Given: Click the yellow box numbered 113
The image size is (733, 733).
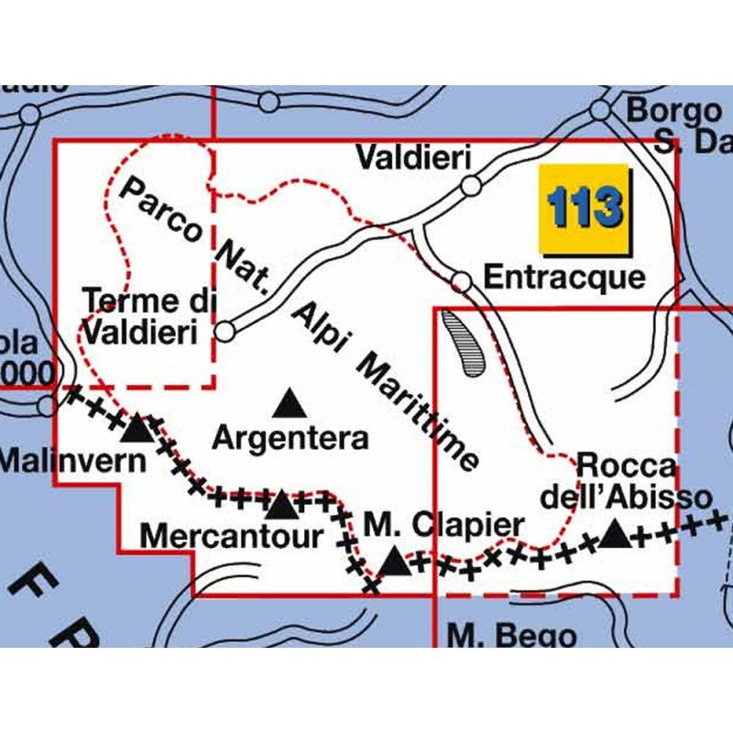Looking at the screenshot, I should (585, 209).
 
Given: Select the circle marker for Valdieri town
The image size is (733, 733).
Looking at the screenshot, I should (472, 186).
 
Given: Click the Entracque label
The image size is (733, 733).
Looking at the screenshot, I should (564, 277).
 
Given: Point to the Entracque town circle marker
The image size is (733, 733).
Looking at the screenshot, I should (464, 281).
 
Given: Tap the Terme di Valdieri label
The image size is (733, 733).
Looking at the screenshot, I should (141, 316).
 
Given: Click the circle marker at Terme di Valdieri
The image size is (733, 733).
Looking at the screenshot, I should (225, 331).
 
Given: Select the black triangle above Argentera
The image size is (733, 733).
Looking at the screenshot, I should (290, 401).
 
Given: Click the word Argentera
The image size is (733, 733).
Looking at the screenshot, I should (290, 438).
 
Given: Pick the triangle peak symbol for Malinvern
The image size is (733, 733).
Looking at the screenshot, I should (137, 427).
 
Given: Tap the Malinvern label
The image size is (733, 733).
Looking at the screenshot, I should (73, 459).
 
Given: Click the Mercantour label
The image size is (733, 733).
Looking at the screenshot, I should (235, 535).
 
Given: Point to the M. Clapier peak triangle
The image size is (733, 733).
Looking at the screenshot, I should (395, 561).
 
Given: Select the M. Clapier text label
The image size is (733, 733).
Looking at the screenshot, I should (444, 526).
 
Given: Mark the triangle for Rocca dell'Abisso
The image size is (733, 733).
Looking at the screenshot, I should (615, 532).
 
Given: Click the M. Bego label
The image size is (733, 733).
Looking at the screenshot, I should (512, 635).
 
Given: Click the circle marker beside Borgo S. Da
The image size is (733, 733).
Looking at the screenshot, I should (600, 110).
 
